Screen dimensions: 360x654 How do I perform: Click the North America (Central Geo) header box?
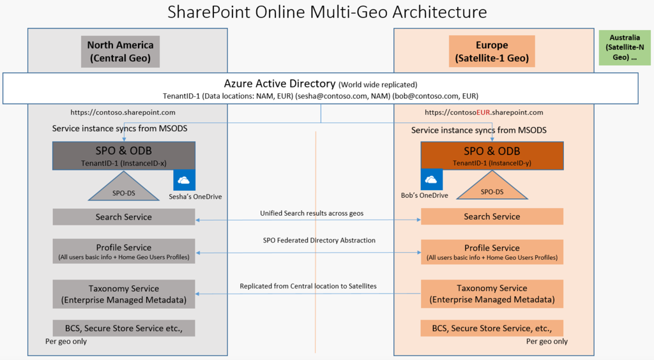tap(120, 52)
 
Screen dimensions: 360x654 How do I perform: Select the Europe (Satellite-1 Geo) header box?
tap(492, 52)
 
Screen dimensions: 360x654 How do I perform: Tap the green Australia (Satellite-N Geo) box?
tap(624, 48)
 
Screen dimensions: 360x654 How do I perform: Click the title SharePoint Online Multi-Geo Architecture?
tap(326, 12)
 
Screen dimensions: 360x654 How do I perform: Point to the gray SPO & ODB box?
tap(124, 155)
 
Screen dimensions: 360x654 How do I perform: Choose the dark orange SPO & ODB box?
tap(492, 155)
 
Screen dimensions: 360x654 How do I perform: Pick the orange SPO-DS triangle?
tap(492, 189)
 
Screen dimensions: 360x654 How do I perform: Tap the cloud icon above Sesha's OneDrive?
tap(185, 180)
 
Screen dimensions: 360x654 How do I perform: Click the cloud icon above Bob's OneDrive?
tap(431, 179)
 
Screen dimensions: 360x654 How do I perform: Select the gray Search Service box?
tap(124, 217)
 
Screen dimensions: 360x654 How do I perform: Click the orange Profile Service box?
tap(492, 251)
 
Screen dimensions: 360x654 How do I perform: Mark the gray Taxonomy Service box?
tap(124, 294)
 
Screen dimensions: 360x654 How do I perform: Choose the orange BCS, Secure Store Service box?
tap(492, 328)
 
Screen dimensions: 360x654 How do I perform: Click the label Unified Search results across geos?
tap(312, 213)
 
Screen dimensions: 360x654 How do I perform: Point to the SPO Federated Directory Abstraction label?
tap(319, 241)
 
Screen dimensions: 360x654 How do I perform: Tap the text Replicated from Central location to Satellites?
tap(308, 286)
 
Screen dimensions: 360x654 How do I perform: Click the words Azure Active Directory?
tap(280, 84)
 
